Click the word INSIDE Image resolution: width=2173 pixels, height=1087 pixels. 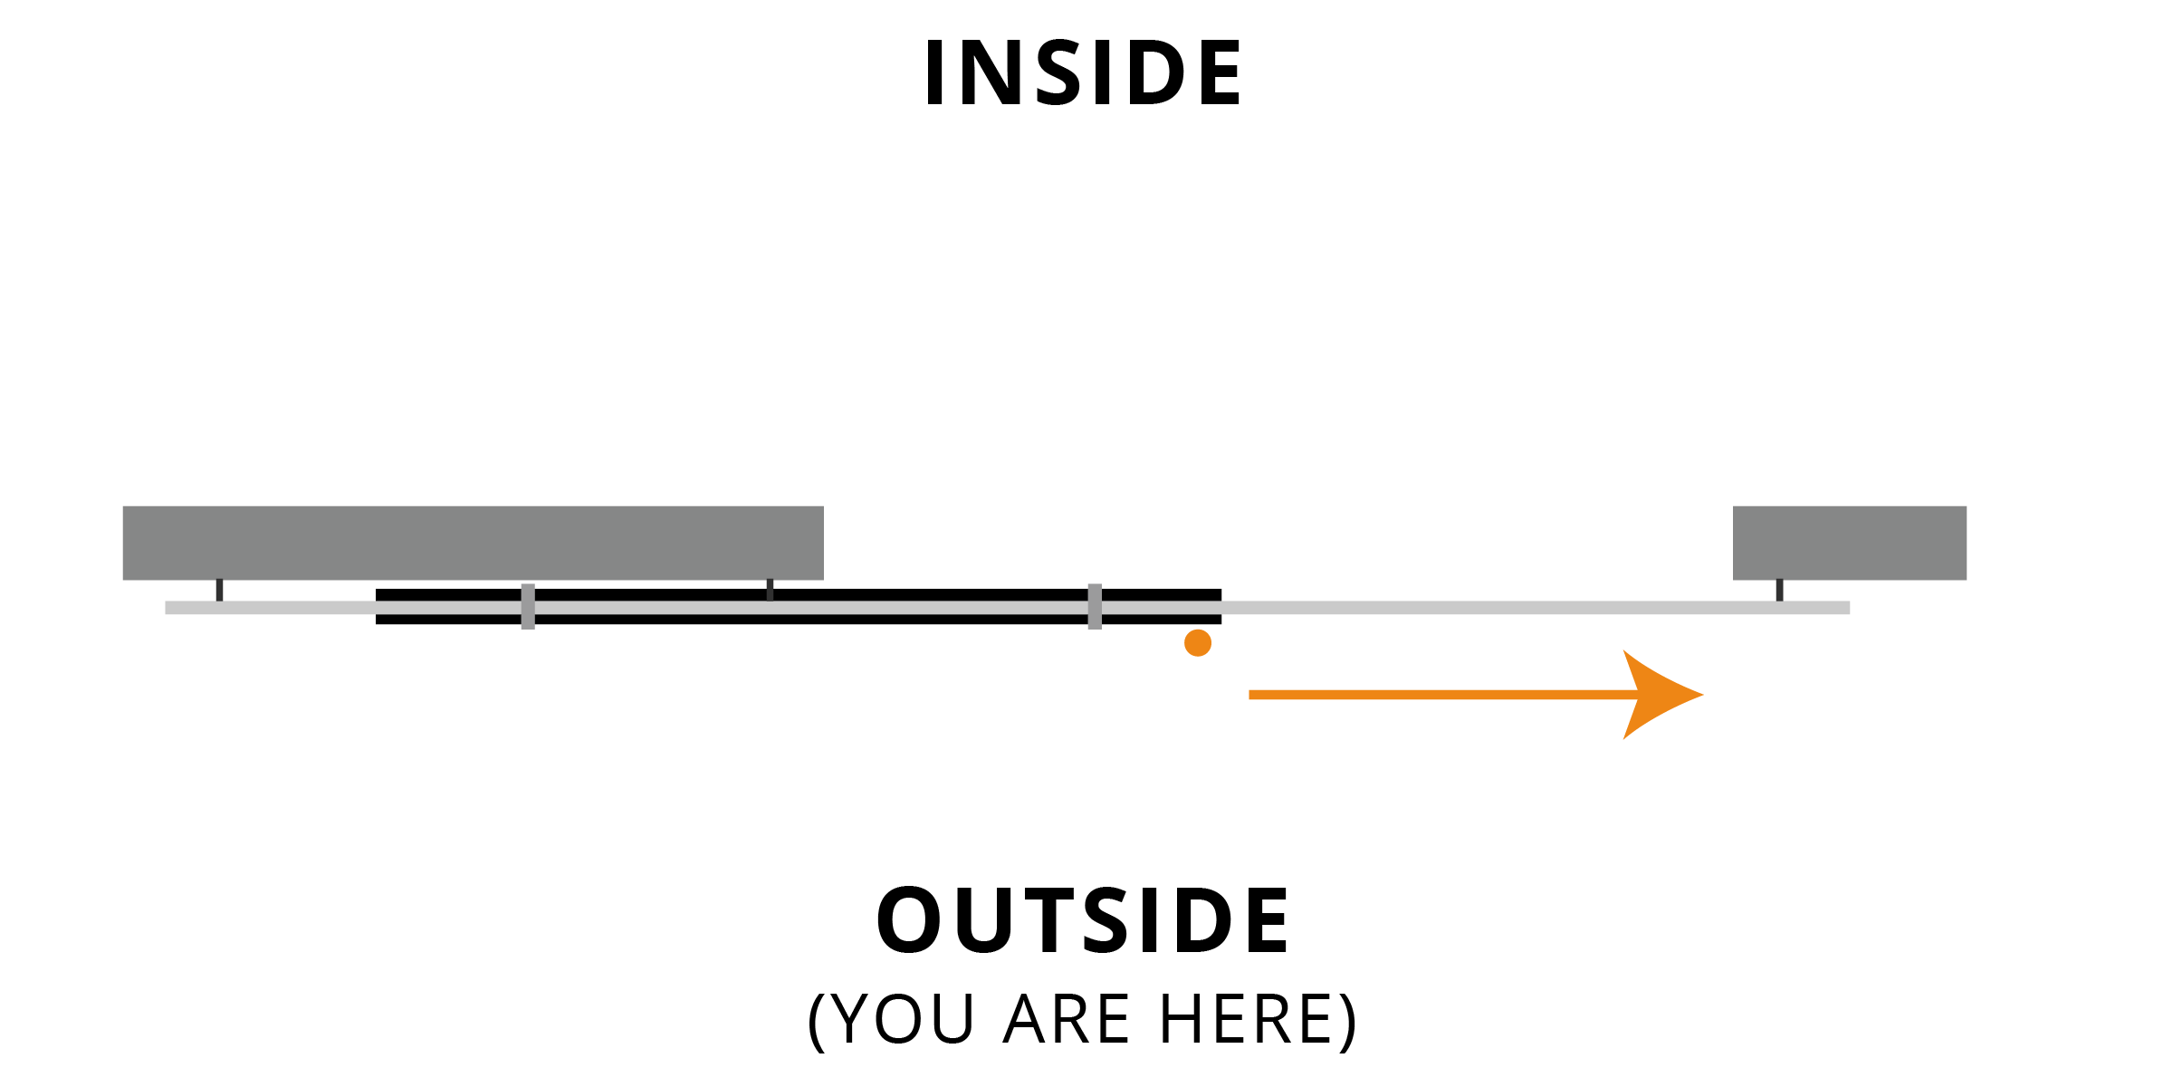(x=1083, y=72)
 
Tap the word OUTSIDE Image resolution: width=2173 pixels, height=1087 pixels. (x=1083, y=920)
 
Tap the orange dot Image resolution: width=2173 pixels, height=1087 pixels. (x=1198, y=643)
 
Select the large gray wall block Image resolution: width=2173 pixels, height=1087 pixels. (x=473, y=543)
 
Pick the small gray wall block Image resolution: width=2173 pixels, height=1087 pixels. (x=1850, y=543)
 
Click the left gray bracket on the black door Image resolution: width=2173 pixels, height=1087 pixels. (x=528, y=607)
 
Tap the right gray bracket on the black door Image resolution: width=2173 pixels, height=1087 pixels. (x=1095, y=607)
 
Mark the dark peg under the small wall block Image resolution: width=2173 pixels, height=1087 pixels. (x=1779, y=590)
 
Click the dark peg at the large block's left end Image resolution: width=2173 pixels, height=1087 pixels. (x=219, y=590)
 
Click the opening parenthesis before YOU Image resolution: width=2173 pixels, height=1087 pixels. (x=816, y=1021)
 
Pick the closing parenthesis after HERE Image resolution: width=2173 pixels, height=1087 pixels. (x=1350, y=1021)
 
